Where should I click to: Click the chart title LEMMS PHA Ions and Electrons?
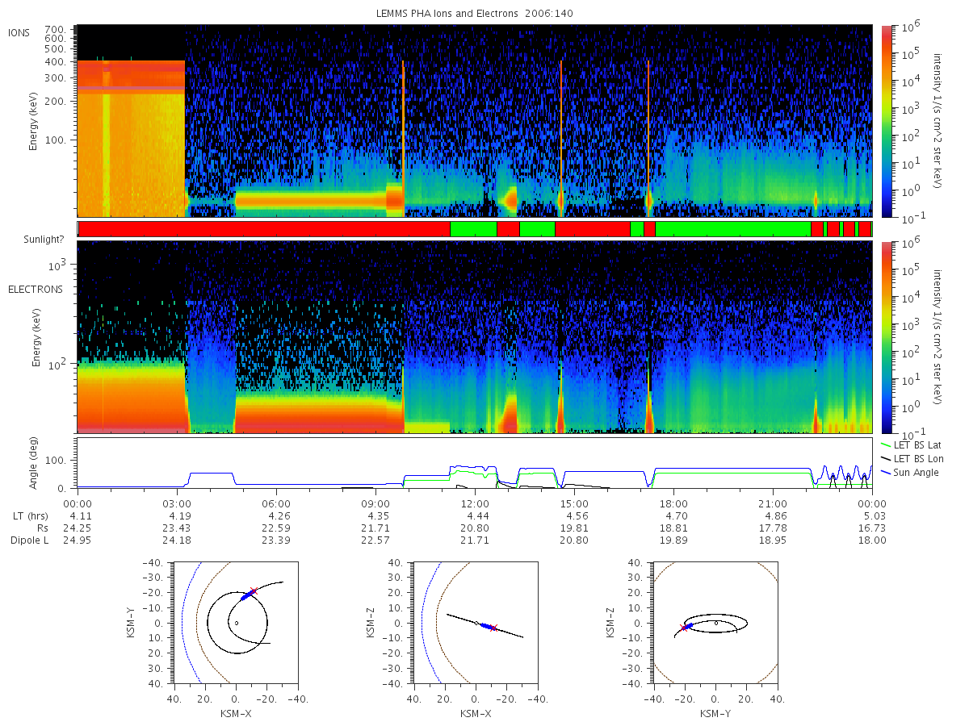click(x=447, y=14)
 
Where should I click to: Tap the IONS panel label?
click(x=19, y=33)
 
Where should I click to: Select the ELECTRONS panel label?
click(x=36, y=289)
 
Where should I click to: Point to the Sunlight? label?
click(x=44, y=240)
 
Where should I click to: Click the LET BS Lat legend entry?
click(x=917, y=444)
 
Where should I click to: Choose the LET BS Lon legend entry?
click(x=918, y=458)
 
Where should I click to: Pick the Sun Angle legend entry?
click(x=916, y=472)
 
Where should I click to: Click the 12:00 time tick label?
click(x=475, y=504)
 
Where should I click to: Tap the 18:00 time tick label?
click(x=673, y=504)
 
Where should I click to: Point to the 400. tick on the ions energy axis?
click(x=55, y=62)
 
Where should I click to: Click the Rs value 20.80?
click(x=475, y=528)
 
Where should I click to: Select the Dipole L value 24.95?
click(x=78, y=540)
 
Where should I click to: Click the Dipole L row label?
click(x=29, y=540)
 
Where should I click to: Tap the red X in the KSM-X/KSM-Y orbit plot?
click(x=254, y=590)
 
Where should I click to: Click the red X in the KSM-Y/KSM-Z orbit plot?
click(x=684, y=628)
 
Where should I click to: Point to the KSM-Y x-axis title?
click(x=715, y=713)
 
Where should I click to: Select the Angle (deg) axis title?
click(x=33, y=463)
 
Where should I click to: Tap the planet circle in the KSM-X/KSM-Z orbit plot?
click(x=476, y=623)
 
